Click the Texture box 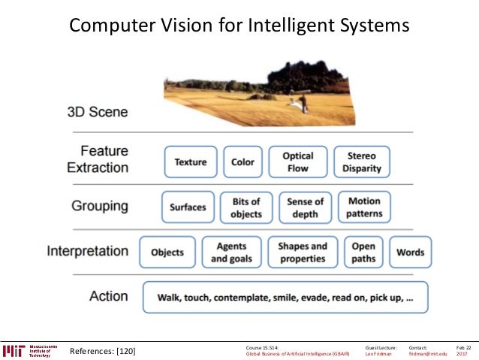click(191, 162)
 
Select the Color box click(243, 162)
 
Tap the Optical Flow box click(297, 162)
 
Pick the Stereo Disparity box click(362, 162)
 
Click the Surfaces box click(188, 207)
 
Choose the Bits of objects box click(246, 207)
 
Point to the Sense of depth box click(305, 207)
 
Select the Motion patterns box click(364, 207)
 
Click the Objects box click(167, 253)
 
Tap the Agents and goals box click(232, 253)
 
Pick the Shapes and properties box click(303, 253)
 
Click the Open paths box click(363, 253)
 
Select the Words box click(410, 253)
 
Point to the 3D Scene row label click(98, 112)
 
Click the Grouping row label click(100, 206)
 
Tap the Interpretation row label click(88, 251)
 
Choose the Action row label click(109, 296)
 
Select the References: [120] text click(102, 351)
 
